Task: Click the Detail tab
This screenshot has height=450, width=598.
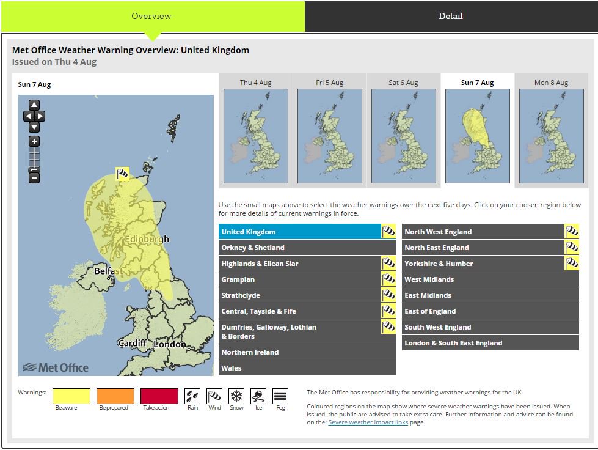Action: pyautogui.click(x=450, y=17)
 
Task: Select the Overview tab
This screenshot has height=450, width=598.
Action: pyautogui.click(x=151, y=17)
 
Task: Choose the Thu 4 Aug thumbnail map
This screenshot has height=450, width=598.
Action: pyautogui.click(x=255, y=136)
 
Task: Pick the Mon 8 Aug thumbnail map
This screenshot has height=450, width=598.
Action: pyautogui.click(x=551, y=136)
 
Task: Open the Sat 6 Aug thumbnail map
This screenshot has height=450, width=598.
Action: pyautogui.click(x=403, y=136)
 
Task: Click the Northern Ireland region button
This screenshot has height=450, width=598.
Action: pyautogui.click(x=307, y=352)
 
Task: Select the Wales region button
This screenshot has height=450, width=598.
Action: pyautogui.click(x=307, y=368)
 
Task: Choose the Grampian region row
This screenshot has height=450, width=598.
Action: pyautogui.click(x=299, y=279)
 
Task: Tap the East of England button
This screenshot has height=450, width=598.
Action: pyautogui.click(x=490, y=311)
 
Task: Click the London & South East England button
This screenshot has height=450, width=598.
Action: pyautogui.click(x=490, y=343)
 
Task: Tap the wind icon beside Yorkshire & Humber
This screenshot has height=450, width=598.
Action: pyautogui.click(x=572, y=264)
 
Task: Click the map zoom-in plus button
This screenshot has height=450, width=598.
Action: pyautogui.click(x=34, y=141)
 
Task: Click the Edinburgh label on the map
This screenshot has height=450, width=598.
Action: pyautogui.click(x=147, y=239)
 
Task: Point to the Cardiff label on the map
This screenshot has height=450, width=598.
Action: pyautogui.click(x=132, y=343)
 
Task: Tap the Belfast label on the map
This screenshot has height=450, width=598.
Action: pyautogui.click(x=108, y=271)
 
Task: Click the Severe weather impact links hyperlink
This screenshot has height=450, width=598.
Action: pyautogui.click(x=367, y=422)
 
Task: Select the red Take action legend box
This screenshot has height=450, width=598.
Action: pyautogui.click(x=159, y=396)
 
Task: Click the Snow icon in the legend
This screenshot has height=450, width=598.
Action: pyautogui.click(x=236, y=396)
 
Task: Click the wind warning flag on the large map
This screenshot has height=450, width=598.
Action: pyautogui.click(x=123, y=174)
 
